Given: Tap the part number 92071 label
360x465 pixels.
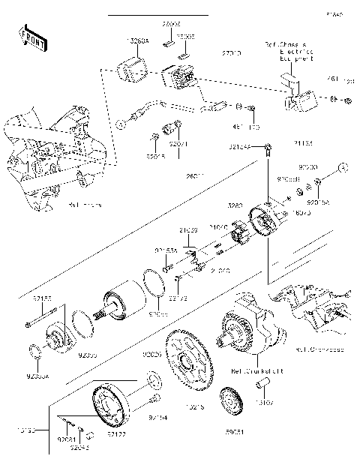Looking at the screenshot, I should point(178,142).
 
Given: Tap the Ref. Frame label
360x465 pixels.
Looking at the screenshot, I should point(84,203).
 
